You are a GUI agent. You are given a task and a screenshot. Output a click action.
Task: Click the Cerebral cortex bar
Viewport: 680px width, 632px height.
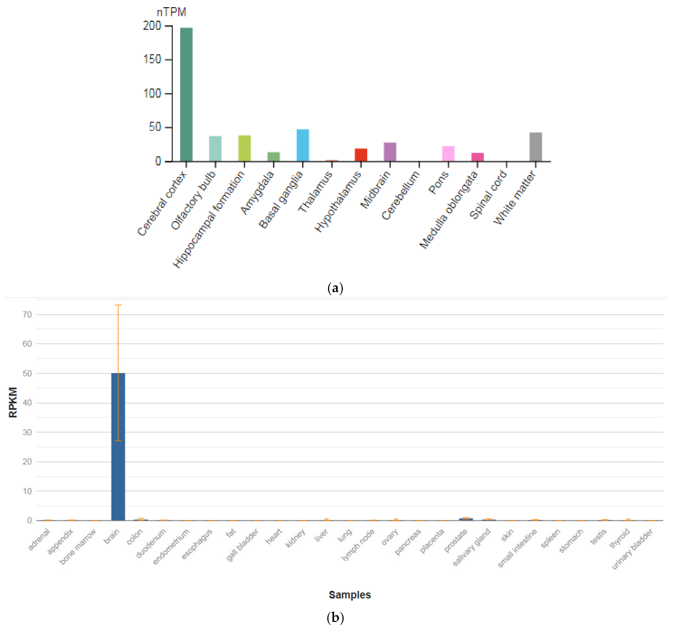187,94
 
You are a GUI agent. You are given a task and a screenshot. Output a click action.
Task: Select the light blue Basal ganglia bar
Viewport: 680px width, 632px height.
303,145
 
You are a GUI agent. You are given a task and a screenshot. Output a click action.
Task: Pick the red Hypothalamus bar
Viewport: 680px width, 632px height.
361,154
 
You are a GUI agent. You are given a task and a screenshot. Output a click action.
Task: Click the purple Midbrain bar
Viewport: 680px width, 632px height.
390,152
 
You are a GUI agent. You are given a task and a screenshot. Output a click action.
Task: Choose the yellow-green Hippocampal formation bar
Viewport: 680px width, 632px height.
245,148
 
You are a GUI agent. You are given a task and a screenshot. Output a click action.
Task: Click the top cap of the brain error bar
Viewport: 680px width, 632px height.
118,305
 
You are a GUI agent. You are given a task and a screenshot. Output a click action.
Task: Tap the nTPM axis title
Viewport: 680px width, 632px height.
171,12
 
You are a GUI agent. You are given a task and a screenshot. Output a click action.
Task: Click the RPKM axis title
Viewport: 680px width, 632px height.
13,402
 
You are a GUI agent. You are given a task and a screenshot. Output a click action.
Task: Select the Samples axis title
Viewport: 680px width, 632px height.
350,595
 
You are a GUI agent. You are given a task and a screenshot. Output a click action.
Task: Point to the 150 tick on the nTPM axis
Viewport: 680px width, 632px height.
152,60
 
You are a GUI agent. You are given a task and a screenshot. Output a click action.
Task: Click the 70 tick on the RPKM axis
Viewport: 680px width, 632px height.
27,314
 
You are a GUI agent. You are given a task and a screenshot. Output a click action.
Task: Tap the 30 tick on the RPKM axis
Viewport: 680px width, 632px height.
27,432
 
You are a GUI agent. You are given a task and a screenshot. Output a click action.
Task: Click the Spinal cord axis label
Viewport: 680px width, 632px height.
488,195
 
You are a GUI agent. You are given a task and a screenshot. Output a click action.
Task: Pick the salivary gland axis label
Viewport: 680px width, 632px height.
472,547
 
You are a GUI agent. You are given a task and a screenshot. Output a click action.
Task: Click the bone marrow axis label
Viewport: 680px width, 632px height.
78,546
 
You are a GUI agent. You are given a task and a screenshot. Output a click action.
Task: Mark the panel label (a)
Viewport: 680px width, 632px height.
335,288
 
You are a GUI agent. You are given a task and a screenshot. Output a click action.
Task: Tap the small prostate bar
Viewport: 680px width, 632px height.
466,519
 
